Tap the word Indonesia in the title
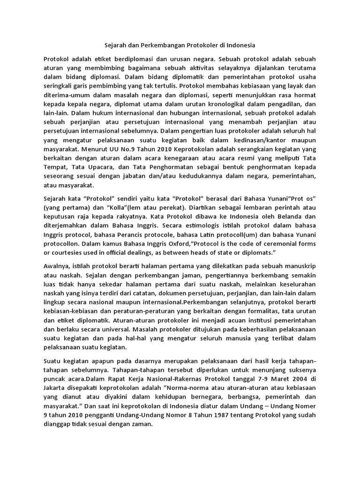click(240, 46)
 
